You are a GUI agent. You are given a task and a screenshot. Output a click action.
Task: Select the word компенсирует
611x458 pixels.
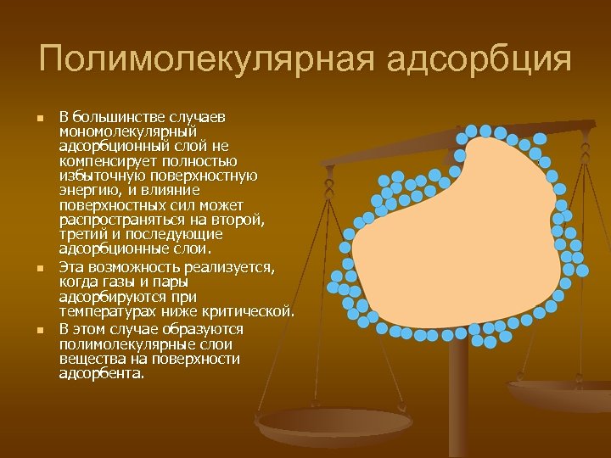click(x=102, y=161)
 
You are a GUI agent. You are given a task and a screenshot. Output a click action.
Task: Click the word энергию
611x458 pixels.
click(x=88, y=191)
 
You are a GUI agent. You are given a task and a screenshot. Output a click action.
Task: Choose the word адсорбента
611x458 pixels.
click(x=101, y=373)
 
